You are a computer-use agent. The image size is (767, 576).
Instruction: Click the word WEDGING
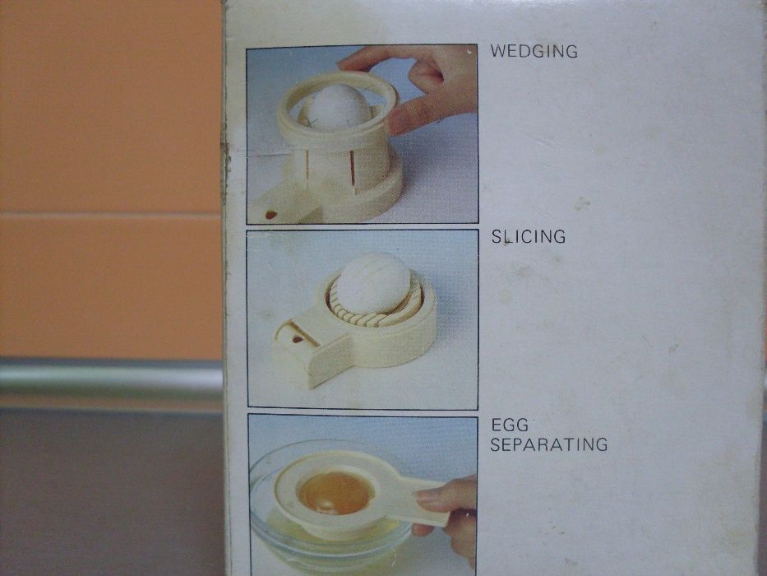[x=534, y=51]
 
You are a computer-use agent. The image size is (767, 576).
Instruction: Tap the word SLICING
[x=529, y=237]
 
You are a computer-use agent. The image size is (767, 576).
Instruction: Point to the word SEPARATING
[x=549, y=444]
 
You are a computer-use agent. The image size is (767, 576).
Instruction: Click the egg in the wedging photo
[x=335, y=107]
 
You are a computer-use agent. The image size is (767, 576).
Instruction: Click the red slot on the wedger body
[x=352, y=168]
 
